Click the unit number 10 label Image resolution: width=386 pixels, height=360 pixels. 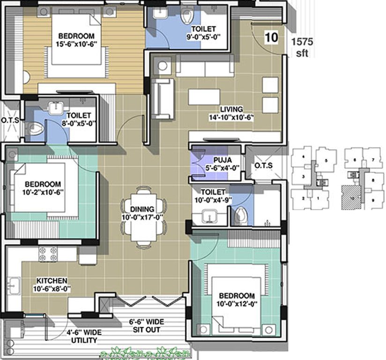coord(270,37)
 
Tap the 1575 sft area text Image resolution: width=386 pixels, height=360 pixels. coord(302,47)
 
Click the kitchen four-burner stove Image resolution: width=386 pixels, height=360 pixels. coord(48,254)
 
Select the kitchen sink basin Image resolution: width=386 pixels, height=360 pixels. coord(14,285)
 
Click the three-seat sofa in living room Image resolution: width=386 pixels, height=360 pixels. coord(205,66)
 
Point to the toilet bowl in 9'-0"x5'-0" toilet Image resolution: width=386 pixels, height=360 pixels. coord(186,16)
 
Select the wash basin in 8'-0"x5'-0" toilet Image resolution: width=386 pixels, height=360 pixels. coord(56,106)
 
